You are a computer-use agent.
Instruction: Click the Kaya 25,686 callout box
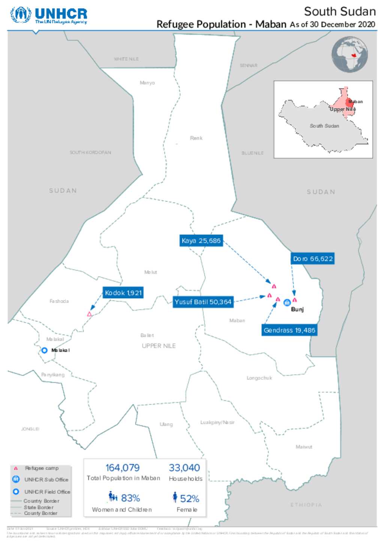pyautogui.click(x=201, y=240)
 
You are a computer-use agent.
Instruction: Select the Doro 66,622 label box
pyautogui.click(x=313, y=259)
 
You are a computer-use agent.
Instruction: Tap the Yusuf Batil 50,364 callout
pyautogui.click(x=203, y=302)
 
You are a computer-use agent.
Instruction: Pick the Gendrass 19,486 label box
pyautogui.click(x=289, y=330)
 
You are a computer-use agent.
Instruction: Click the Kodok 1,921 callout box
pyautogui.click(x=123, y=293)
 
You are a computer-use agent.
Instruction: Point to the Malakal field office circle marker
pyautogui.click(x=44, y=350)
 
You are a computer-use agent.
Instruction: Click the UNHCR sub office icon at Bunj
pyautogui.click(x=287, y=302)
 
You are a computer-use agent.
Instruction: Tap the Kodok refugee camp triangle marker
pyautogui.click(x=89, y=314)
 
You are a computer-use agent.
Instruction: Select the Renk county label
pyautogui.click(x=196, y=138)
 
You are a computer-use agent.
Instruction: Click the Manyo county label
pyautogui.click(x=147, y=83)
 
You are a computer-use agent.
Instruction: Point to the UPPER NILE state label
pyautogui.click(x=159, y=346)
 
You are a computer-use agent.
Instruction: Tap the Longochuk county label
pyautogui.click(x=259, y=378)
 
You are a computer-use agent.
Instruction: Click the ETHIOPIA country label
pyautogui.click(x=306, y=504)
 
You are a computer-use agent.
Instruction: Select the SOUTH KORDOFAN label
pyautogui.click(x=90, y=152)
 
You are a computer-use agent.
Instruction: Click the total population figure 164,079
pyautogui.click(x=122, y=468)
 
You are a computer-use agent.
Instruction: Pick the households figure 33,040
pyautogui.click(x=184, y=468)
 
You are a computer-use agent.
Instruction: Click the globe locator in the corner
pyautogui.click(x=349, y=55)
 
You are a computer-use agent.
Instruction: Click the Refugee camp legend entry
pyautogui.click(x=41, y=468)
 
